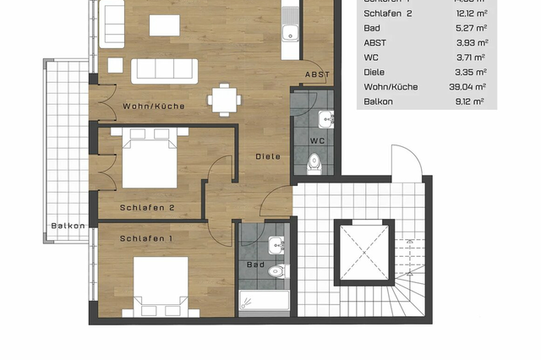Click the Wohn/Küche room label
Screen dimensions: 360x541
(153, 106)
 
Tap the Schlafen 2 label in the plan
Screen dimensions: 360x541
(147, 207)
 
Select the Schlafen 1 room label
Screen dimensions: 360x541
(147, 238)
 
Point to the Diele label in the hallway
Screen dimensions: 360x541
(269, 156)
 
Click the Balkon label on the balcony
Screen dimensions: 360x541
(67, 226)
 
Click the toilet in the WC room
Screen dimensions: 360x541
(314, 161)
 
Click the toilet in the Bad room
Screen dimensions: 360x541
(278, 270)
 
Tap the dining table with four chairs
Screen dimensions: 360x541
(222, 98)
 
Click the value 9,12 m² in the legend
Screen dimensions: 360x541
(470, 101)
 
